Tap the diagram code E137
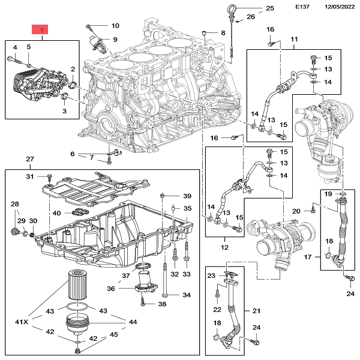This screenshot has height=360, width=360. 303,7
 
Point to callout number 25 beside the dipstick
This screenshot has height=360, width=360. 269,8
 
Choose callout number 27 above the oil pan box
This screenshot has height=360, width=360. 30,160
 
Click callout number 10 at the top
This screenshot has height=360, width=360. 115,26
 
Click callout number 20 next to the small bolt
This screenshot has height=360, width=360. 296,211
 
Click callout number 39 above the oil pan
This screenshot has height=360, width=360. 187,197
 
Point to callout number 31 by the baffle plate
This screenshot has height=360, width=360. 30,176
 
